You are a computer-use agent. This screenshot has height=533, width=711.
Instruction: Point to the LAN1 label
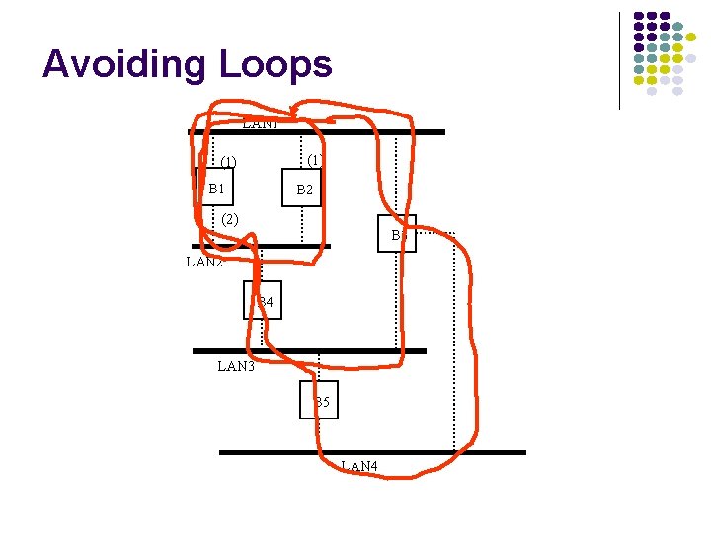(x=260, y=124)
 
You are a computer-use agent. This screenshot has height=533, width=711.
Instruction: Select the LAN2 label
(x=204, y=263)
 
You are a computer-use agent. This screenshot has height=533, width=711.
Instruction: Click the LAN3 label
(x=236, y=367)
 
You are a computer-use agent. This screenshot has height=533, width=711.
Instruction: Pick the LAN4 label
(x=358, y=466)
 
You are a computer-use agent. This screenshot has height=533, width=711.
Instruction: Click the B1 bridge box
(x=215, y=188)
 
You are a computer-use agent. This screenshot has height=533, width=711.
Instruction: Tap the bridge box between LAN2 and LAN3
(x=263, y=300)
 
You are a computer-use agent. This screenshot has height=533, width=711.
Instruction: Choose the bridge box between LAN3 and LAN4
(x=319, y=400)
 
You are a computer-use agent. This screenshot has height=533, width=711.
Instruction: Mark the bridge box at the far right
(x=397, y=234)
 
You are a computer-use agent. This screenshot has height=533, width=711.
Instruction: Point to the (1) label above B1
(x=228, y=161)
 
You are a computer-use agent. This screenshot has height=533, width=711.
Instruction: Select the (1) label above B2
(x=312, y=159)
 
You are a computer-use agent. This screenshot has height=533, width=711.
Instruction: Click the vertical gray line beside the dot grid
(x=619, y=59)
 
